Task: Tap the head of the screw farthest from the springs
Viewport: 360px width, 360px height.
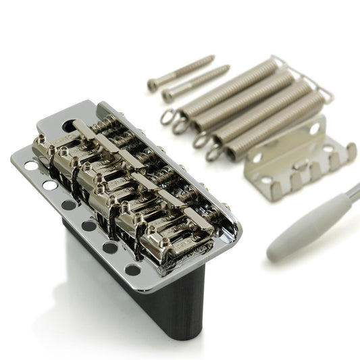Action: [x=153, y=84]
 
